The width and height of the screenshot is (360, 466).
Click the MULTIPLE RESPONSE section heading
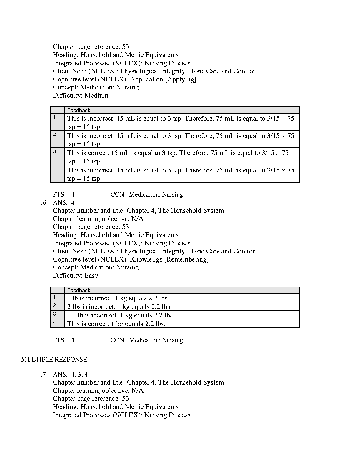[54, 360]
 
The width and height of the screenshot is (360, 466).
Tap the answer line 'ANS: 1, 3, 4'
[70, 375]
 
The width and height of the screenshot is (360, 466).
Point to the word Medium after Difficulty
[96, 96]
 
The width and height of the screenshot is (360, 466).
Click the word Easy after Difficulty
[91, 276]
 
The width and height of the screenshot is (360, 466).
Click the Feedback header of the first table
[79, 110]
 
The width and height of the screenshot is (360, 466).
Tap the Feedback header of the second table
[79, 290]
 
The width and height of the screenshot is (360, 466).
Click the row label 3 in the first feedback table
[54, 152]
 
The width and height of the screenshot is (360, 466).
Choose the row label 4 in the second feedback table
[54, 322]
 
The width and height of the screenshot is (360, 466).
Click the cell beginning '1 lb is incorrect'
[118, 298]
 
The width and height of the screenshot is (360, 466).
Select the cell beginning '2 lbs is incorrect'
[119, 307]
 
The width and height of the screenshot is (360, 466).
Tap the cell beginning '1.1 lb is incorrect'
[121, 315]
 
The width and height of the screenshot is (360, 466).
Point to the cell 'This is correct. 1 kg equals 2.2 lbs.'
[116, 324]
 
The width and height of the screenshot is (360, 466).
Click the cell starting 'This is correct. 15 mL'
[178, 157]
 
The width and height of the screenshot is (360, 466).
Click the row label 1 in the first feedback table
[54, 117]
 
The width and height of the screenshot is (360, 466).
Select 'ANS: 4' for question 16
[64, 203]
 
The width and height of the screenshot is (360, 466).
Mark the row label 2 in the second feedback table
[54, 305]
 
